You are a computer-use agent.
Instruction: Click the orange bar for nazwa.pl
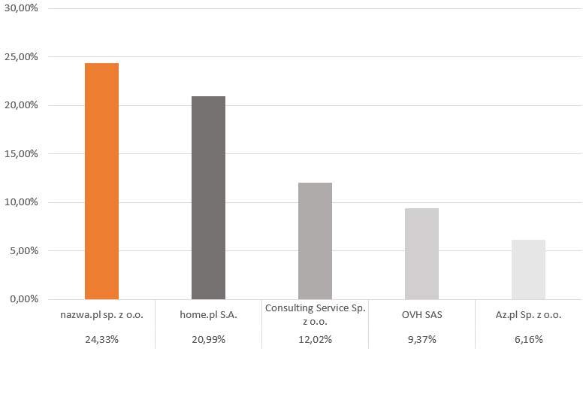point(101,181)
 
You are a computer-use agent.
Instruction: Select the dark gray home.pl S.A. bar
point(209,198)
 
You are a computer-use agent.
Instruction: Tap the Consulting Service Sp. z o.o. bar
point(315,241)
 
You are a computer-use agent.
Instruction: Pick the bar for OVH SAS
point(422,253)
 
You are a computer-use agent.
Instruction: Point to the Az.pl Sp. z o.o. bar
point(528,269)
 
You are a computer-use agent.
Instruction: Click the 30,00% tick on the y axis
point(21,8)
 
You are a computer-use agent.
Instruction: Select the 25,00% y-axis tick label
point(21,57)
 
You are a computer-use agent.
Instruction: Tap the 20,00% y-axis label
point(21,105)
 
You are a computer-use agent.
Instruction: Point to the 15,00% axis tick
point(21,154)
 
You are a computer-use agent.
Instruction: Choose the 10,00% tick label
point(21,202)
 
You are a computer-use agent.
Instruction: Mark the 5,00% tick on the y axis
point(24,250)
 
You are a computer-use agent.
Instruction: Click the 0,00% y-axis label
point(24,299)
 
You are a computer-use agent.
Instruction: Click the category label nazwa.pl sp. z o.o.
point(101,315)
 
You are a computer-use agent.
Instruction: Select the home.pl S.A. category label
point(209,315)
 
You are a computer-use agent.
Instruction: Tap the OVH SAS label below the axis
point(422,315)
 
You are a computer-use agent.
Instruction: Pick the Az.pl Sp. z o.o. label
point(528,315)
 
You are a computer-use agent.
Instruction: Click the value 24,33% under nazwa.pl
point(101,339)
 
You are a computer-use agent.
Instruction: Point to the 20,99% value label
point(209,339)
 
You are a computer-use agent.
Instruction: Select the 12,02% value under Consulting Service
point(315,339)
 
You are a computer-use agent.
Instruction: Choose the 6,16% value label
point(528,339)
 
